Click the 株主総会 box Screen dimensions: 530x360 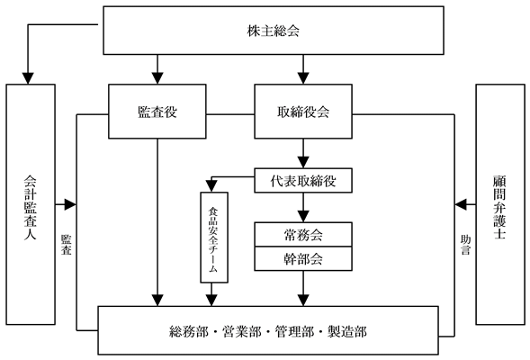tap(274, 31)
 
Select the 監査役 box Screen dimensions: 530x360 tap(157, 112)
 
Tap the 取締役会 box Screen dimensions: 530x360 tap(303, 112)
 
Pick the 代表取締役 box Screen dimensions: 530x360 tap(303, 181)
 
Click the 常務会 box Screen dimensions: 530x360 tap(303, 235)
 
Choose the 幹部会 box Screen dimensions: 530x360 tap(303, 259)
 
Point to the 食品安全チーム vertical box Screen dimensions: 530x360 tap(214, 238)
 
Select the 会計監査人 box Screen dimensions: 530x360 tap(31, 204)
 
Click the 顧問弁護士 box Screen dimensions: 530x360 tap(500, 204)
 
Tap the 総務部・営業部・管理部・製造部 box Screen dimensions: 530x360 tap(268, 330)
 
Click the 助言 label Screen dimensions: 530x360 tap(465, 245)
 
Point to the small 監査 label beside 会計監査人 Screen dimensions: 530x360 tap(67, 245)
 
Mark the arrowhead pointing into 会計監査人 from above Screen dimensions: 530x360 tap(28, 78)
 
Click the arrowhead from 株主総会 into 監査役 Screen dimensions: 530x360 tap(157, 78)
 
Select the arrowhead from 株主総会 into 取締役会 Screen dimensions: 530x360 tap(303, 78)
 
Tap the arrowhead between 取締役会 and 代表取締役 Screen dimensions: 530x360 tap(303, 162)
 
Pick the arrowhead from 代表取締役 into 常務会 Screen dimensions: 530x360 tap(303, 216)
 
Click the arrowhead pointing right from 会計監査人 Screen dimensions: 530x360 tap(70, 204)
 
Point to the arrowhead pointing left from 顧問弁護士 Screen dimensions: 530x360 tap(461, 204)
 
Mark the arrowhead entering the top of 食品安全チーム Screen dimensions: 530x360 tap(211, 186)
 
